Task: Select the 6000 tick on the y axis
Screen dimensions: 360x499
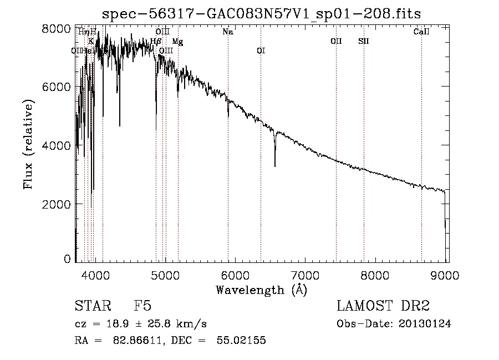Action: click(56, 87)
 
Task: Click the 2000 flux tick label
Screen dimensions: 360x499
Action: click(56, 204)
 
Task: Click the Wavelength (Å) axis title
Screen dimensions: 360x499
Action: click(261, 290)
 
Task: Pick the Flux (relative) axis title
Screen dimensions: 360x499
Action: click(28, 144)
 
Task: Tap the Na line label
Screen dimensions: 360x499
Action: click(228, 32)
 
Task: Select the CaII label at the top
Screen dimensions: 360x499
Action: click(421, 32)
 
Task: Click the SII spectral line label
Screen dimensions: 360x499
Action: click(364, 41)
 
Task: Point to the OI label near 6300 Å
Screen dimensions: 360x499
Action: click(261, 50)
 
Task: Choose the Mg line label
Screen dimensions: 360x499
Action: click(177, 41)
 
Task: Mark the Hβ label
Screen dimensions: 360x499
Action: click(156, 41)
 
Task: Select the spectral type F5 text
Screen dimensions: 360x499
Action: click(142, 306)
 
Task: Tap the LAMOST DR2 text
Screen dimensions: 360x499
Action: click(383, 306)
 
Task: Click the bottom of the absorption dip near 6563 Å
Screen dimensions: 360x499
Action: click(275, 166)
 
